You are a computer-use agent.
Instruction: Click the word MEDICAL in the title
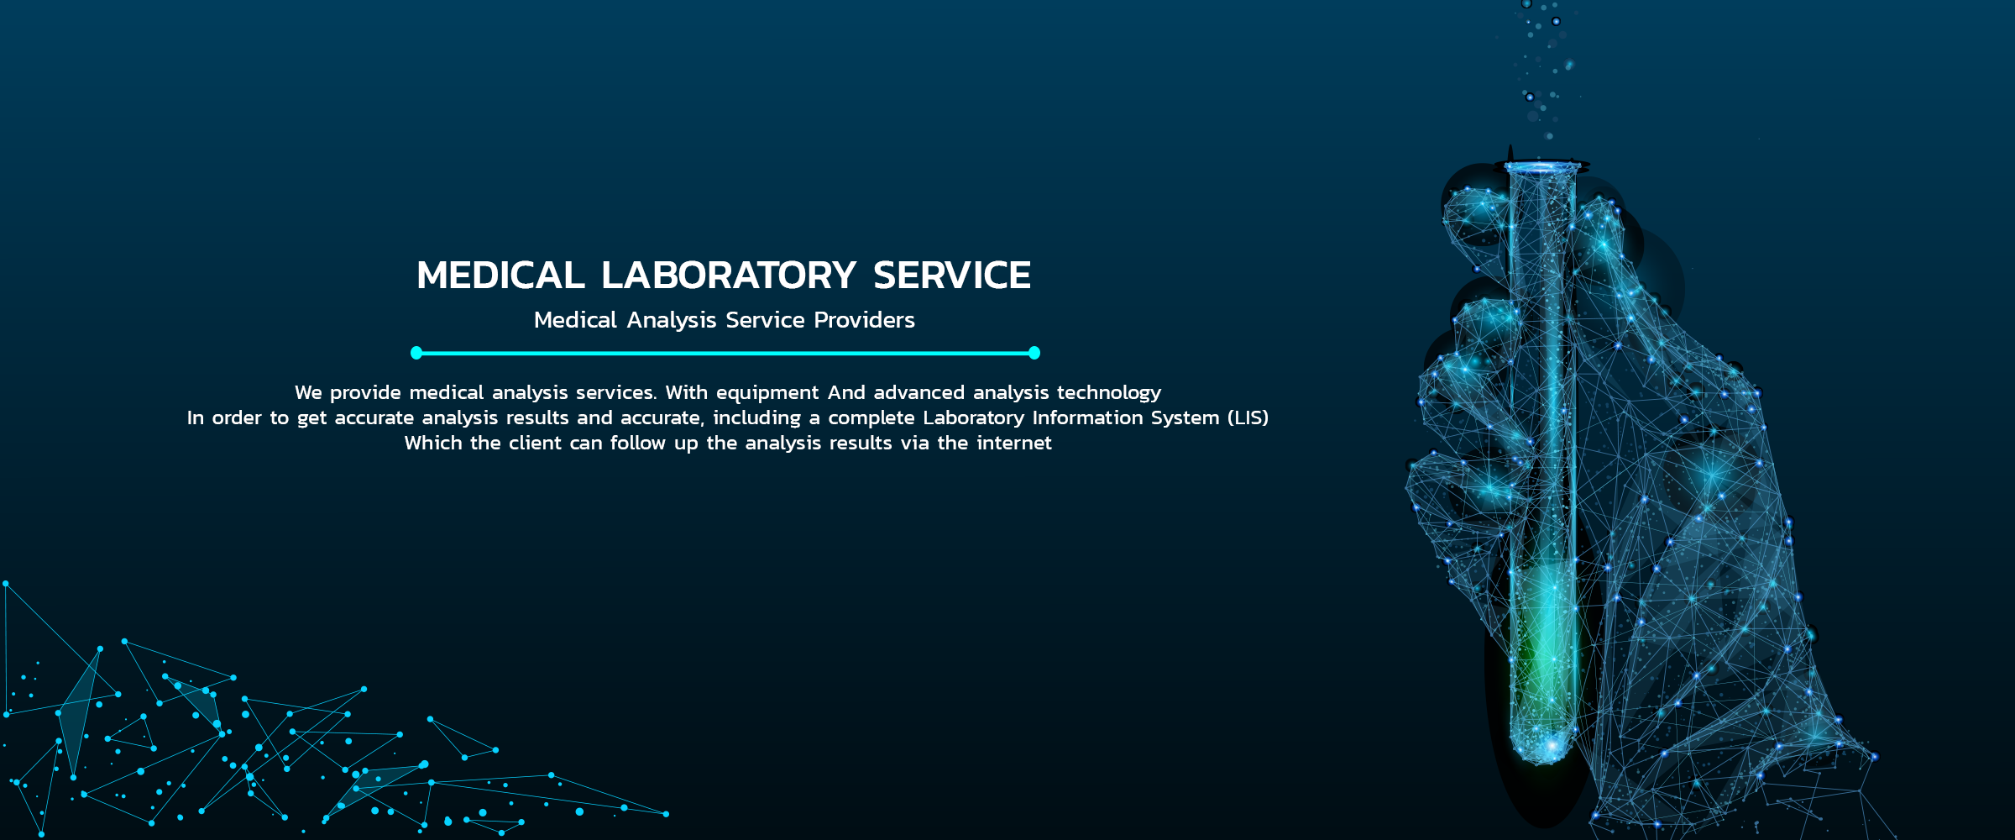pyautogui.click(x=500, y=276)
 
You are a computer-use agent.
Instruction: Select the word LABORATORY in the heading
pyautogui.click(x=729, y=276)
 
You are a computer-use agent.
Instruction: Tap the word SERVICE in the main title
pyautogui.click(x=952, y=276)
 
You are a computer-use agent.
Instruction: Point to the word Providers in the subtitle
pyautogui.click(x=865, y=320)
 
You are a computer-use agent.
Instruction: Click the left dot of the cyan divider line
pyautogui.click(x=416, y=353)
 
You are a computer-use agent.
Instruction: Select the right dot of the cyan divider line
pyautogui.click(x=1034, y=353)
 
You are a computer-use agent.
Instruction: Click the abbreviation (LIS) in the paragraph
pyautogui.click(x=1248, y=417)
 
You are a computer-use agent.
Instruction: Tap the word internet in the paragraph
pyautogui.click(x=1014, y=443)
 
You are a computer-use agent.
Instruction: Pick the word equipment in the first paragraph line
pyautogui.click(x=767, y=393)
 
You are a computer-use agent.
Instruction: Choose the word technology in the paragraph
pyautogui.click(x=1109, y=393)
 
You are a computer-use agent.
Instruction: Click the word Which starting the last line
pyautogui.click(x=433, y=443)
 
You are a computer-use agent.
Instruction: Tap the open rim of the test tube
pyautogui.click(x=1541, y=166)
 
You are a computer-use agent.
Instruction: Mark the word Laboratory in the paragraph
pyautogui.click(x=974, y=417)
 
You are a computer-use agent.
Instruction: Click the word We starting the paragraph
pyautogui.click(x=308, y=393)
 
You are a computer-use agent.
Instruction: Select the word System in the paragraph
pyautogui.click(x=1186, y=417)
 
